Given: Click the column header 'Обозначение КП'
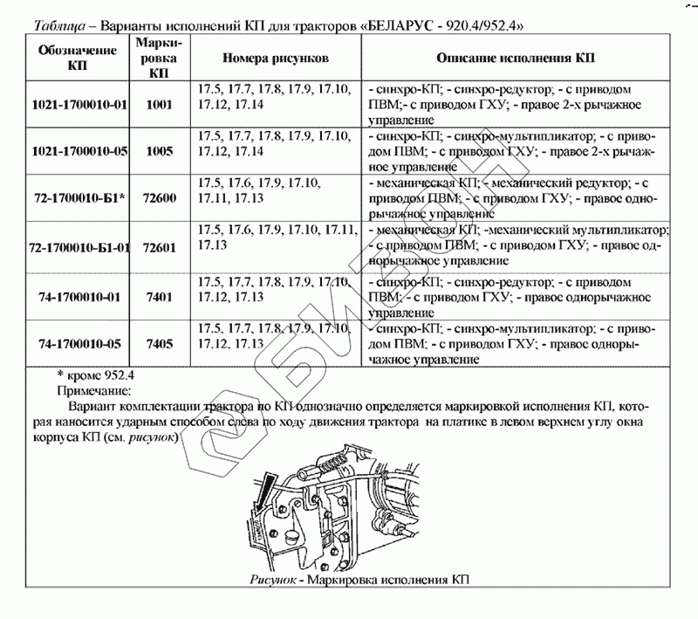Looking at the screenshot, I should [x=79, y=58].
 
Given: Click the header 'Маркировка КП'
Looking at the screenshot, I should [x=158, y=58].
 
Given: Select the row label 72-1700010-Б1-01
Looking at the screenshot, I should [x=79, y=248].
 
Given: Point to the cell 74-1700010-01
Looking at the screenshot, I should [x=79, y=296].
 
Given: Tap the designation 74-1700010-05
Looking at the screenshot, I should [x=79, y=344].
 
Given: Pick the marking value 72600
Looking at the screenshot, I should [x=158, y=199].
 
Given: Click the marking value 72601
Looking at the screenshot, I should [x=158, y=248].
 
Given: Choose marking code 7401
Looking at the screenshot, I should [x=158, y=296].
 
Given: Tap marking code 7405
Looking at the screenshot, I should [x=158, y=344].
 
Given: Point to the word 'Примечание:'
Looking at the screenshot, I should [x=93, y=390].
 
